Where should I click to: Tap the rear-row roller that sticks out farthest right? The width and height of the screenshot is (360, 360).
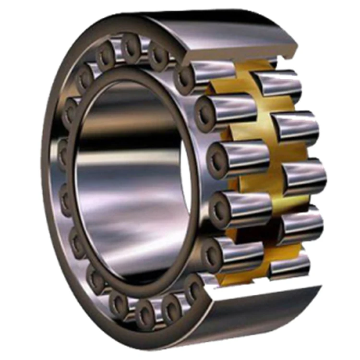(304, 178)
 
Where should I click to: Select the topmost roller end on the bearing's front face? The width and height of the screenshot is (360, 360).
(130, 46)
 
